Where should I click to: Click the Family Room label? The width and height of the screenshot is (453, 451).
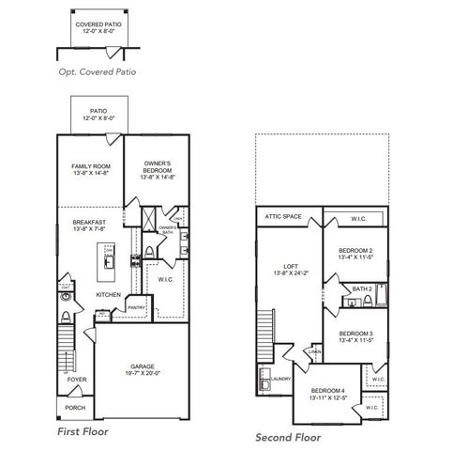(x=92, y=166)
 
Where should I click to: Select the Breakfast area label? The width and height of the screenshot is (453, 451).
(x=92, y=223)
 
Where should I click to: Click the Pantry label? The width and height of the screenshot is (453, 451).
(x=136, y=306)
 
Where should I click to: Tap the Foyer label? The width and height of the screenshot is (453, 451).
(x=76, y=381)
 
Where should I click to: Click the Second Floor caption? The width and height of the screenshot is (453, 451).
(x=288, y=437)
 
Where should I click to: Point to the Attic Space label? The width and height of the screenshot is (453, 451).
(x=282, y=217)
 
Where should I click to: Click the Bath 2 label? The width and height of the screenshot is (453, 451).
(x=363, y=288)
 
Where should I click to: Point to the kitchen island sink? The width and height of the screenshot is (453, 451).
(x=110, y=263)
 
